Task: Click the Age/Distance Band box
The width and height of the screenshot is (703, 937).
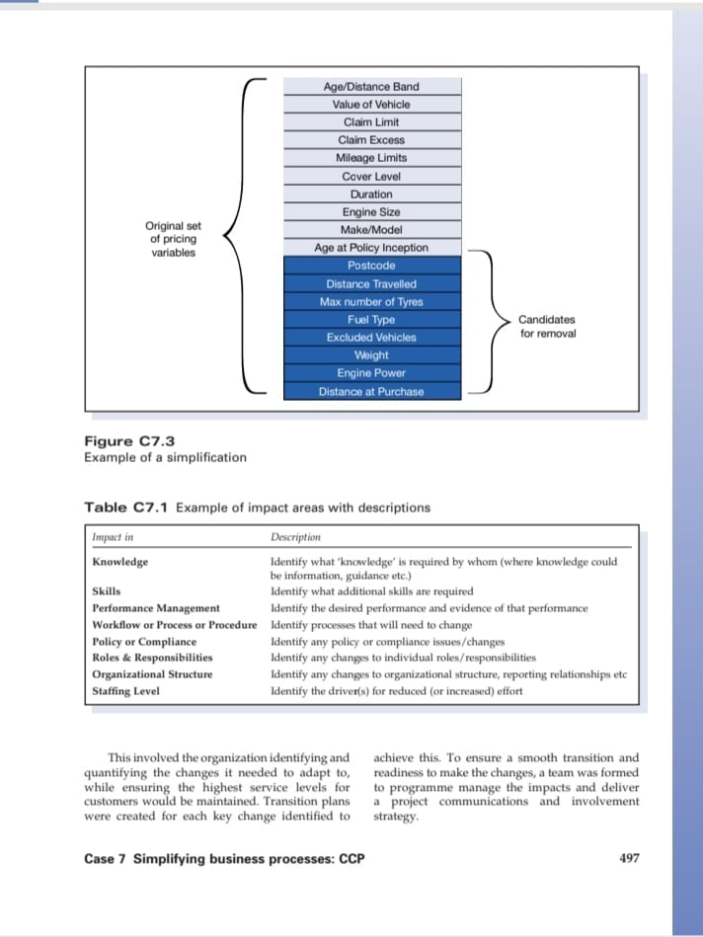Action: click(371, 87)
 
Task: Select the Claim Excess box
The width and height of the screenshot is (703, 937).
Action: click(371, 140)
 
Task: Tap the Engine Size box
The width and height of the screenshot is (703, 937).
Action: click(371, 212)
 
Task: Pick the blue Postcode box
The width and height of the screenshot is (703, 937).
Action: click(371, 266)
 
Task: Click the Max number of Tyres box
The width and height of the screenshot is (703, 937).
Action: click(371, 301)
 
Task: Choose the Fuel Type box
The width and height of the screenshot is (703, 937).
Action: click(371, 320)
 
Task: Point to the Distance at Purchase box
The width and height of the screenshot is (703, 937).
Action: click(371, 391)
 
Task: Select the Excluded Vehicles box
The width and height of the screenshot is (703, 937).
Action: click(371, 338)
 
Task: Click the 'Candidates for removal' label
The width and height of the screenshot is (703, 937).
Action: click(547, 327)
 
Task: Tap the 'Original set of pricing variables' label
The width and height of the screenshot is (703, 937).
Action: click(173, 239)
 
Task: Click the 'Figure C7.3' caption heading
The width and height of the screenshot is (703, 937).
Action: click(129, 441)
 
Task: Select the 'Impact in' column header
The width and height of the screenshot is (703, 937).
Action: click(113, 538)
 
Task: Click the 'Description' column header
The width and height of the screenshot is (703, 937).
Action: click(295, 538)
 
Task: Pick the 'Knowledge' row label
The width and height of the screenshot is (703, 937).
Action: click(120, 562)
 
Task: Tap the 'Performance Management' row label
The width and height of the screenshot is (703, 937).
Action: click(156, 608)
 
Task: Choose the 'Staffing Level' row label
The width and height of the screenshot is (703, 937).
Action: click(125, 691)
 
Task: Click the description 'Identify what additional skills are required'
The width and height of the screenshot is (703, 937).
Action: click(371, 591)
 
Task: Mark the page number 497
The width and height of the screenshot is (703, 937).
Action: click(629, 858)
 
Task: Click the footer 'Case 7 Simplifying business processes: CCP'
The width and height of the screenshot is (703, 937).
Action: click(224, 859)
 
